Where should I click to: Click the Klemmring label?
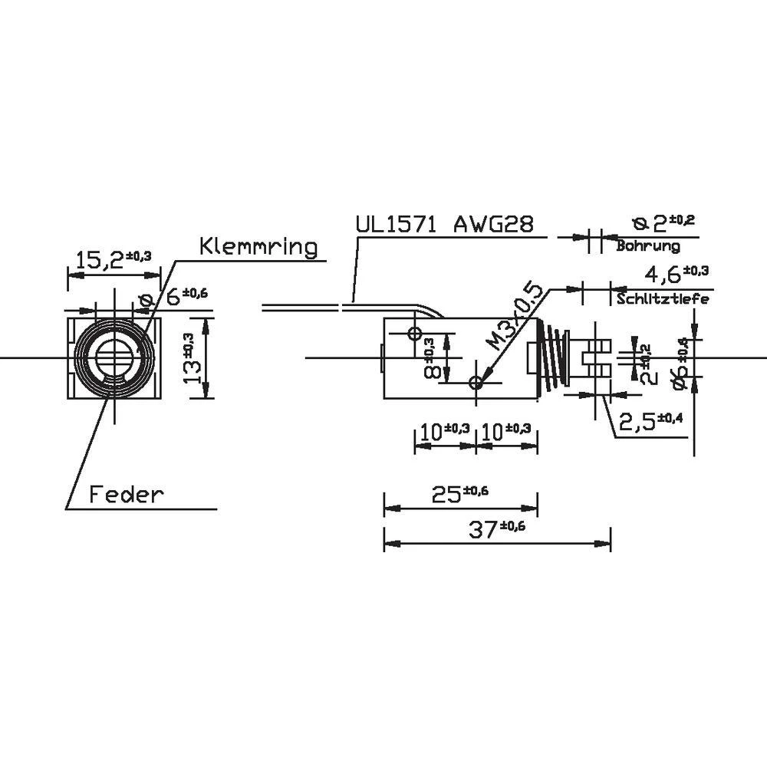point(258,247)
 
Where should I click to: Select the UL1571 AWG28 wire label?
point(444,225)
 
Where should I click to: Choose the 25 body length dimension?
point(459,495)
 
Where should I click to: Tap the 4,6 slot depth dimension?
point(666,273)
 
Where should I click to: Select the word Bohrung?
point(648,246)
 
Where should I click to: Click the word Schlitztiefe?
point(663,299)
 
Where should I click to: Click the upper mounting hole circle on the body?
point(415,334)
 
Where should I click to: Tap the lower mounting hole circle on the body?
point(476,382)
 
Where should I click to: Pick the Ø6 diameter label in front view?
point(173,296)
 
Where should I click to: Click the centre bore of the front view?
point(115,357)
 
